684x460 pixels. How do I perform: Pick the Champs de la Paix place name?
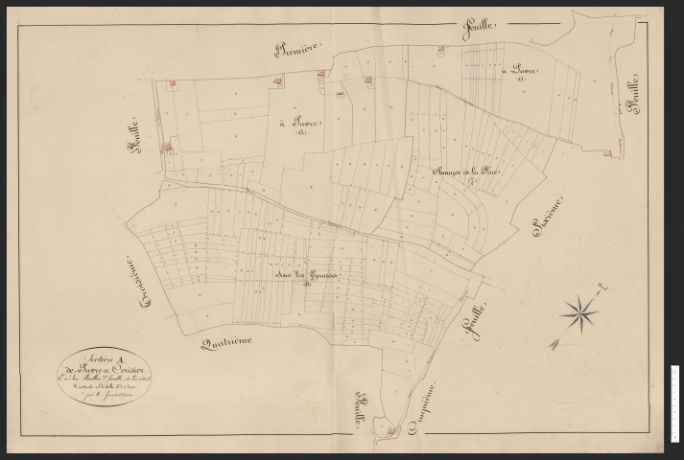click(x=454, y=172)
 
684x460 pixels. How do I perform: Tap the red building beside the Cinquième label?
click(x=392, y=433)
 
